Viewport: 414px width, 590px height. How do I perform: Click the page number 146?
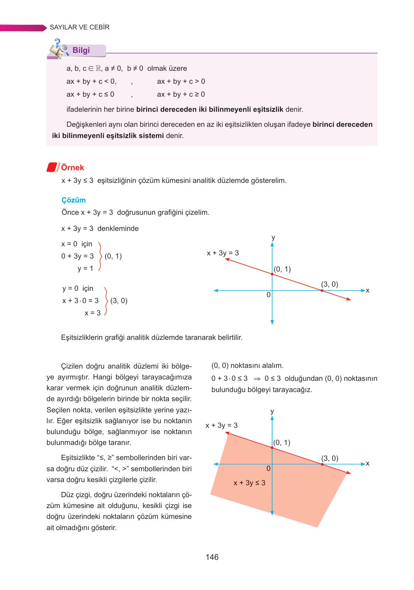212,557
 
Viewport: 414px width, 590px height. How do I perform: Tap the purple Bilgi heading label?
81,50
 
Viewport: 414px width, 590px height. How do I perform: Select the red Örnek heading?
73,167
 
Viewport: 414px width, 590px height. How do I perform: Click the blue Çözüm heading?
74,200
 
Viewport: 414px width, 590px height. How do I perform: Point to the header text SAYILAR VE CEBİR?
80,27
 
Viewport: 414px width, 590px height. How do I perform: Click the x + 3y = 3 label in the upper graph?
223,253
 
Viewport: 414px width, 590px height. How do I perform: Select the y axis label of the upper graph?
273,238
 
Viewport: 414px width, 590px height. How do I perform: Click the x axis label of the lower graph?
367,464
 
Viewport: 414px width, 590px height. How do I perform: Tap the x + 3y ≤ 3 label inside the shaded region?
249,483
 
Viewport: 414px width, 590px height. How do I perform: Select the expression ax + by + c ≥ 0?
181,94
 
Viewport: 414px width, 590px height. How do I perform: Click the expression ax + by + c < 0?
91,81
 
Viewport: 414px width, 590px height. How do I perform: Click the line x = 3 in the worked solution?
92,313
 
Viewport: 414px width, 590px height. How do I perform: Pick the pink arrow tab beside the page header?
23,28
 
